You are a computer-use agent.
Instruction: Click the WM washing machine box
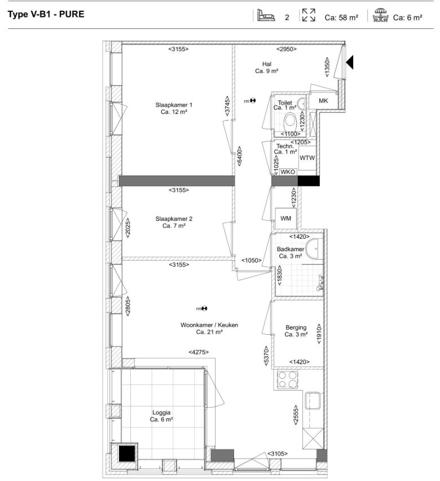click(x=286, y=218)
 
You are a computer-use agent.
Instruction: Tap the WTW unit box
click(x=307, y=158)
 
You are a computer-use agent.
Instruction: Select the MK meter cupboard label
click(x=323, y=100)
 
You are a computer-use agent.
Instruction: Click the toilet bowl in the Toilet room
click(x=290, y=121)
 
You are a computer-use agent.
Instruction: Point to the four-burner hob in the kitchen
click(x=287, y=380)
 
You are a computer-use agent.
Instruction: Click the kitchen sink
click(x=313, y=401)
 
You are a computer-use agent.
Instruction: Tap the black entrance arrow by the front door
click(x=350, y=62)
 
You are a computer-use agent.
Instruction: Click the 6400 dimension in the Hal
click(x=239, y=156)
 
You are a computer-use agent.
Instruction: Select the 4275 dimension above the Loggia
click(x=199, y=352)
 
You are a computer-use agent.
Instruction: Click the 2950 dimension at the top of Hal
click(x=287, y=49)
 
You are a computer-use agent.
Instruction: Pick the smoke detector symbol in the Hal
click(x=253, y=100)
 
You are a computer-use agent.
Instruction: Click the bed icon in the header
click(x=266, y=15)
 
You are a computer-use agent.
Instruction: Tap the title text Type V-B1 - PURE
click(x=46, y=15)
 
